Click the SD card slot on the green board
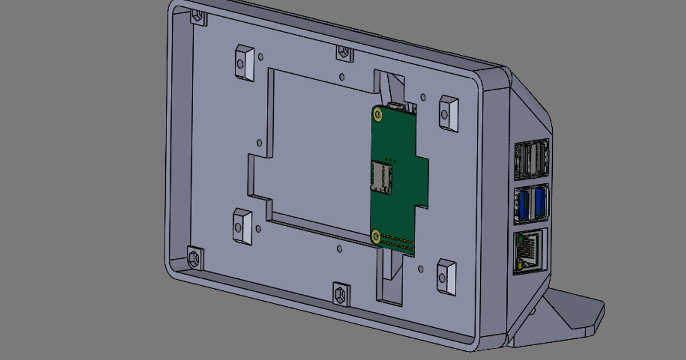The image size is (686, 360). (x=381, y=176)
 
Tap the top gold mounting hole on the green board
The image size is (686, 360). (x=377, y=114)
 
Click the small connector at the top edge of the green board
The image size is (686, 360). (x=396, y=106)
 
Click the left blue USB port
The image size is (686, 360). (x=523, y=203)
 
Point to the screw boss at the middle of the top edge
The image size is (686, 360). (x=344, y=53)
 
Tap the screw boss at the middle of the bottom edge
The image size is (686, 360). (x=341, y=293)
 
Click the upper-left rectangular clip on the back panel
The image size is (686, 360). (x=244, y=62)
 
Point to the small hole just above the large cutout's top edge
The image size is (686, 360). (x=342, y=77)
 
